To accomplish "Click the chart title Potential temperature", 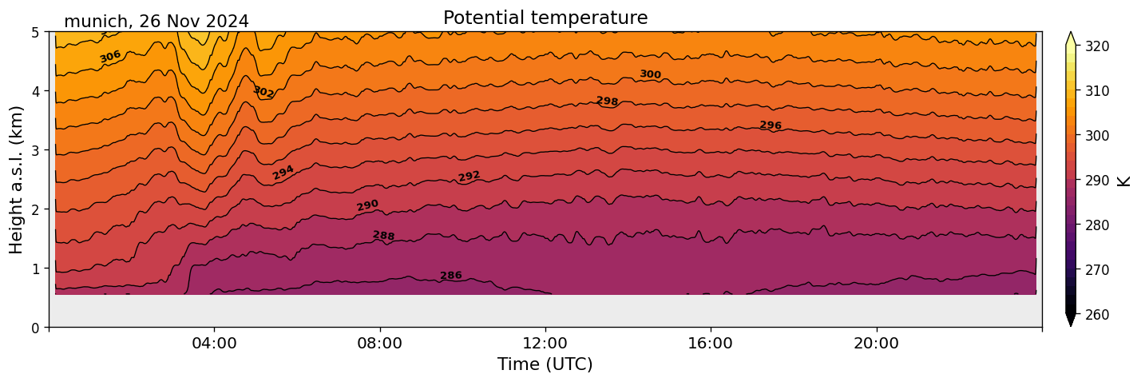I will [545, 18].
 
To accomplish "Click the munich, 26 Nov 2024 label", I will [156, 22].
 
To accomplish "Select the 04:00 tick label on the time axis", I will [215, 344].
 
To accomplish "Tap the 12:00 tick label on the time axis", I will [545, 344].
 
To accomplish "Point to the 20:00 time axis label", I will [876, 344].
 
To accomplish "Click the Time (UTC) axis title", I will [545, 364].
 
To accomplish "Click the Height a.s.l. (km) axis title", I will [17, 179].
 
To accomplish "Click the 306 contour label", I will [110, 56].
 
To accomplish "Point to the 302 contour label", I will [263, 92].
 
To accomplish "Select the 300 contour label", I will [650, 74].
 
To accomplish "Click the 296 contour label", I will [771, 125].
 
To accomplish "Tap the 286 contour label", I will [451, 276].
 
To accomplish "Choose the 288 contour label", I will [383, 236].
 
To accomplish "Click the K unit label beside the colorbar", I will [1124, 181].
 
